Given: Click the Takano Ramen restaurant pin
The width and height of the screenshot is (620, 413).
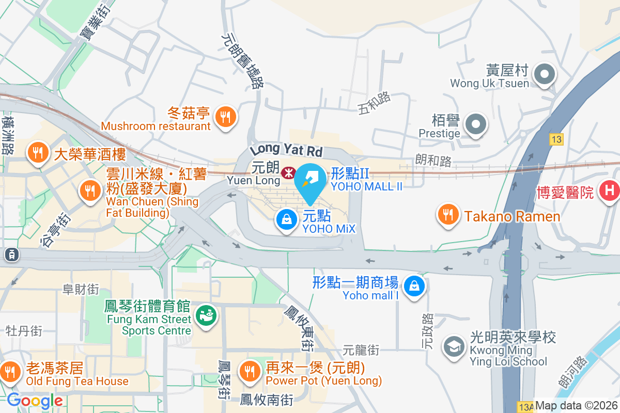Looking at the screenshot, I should [x=448, y=215].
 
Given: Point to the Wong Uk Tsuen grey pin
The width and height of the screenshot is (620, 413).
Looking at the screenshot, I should [x=544, y=75].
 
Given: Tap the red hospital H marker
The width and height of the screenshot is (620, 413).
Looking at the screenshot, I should [x=609, y=190].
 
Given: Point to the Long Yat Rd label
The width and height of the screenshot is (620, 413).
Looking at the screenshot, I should [x=286, y=150].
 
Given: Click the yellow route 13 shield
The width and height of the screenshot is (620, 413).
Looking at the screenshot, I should [x=556, y=139].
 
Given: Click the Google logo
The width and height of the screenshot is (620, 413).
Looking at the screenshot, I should [x=35, y=401].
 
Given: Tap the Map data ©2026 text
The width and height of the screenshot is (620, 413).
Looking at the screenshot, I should [x=576, y=406].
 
